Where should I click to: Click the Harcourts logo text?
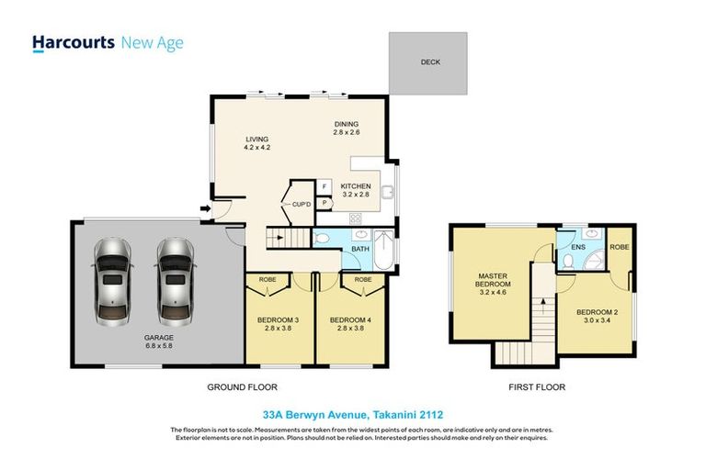coord(74,42)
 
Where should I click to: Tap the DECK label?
coord(431,63)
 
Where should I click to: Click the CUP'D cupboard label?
coord(302,205)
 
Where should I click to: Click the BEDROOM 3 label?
coord(271,323)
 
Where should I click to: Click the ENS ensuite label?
coord(578,248)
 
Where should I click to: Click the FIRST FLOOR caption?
coord(536,387)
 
